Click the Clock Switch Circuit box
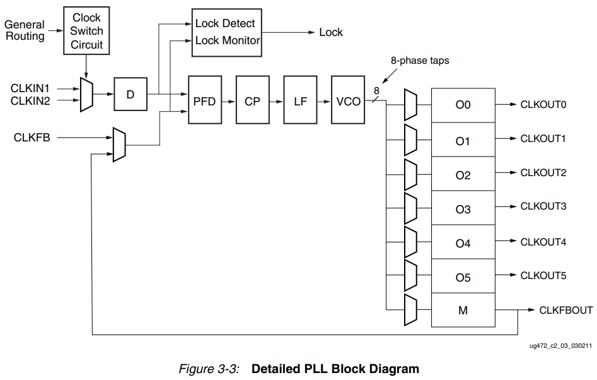pyautogui.click(x=86, y=31)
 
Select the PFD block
pyautogui.click(x=204, y=100)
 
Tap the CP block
pyautogui.click(x=252, y=100)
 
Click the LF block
pyautogui.click(x=300, y=100)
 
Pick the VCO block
pyautogui.click(x=348, y=100)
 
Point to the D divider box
pyautogui.click(x=130, y=95)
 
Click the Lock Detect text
pyautogui.click(x=225, y=23)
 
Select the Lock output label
pyautogui.click(x=331, y=32)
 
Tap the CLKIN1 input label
pyautogui.click(x=30, y=88)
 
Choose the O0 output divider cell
pyautogui.click(x=463, y=105)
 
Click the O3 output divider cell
pyautogui.click(x=463, y=208)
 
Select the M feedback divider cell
pyautogui.click(x=463, y=310)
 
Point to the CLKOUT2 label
pyautogui.click(x=543, y=172)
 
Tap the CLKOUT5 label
pyautogui.click(x=543, y=275)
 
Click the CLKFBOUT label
pyautogui.click(x=565, y=310)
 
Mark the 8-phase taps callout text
pyautogui.click(x=420, y=61)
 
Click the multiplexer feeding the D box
pyautogui.click(x=86, y=95)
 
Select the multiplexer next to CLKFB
pyautogui.click(x=119, y=145)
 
